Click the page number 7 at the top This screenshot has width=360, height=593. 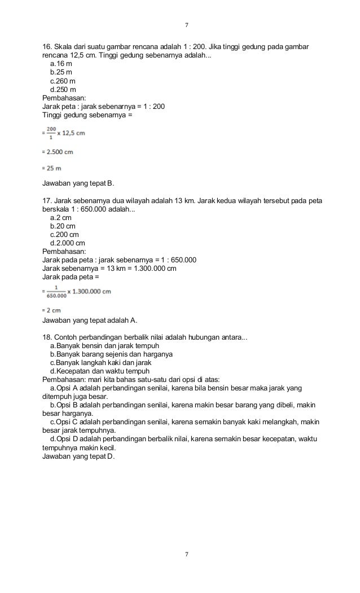186,25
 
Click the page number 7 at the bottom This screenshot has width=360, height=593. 186,554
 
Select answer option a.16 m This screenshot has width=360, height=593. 61,64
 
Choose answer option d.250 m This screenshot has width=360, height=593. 63,89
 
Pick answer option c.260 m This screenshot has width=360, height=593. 63,81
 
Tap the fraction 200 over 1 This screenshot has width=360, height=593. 52,133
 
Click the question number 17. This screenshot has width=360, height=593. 47,200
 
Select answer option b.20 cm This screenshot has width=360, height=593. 63,226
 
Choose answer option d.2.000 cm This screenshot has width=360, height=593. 68,243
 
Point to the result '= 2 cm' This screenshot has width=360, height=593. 52,310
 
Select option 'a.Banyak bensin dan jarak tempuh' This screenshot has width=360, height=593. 104,345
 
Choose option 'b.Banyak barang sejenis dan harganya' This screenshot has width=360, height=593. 111,354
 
